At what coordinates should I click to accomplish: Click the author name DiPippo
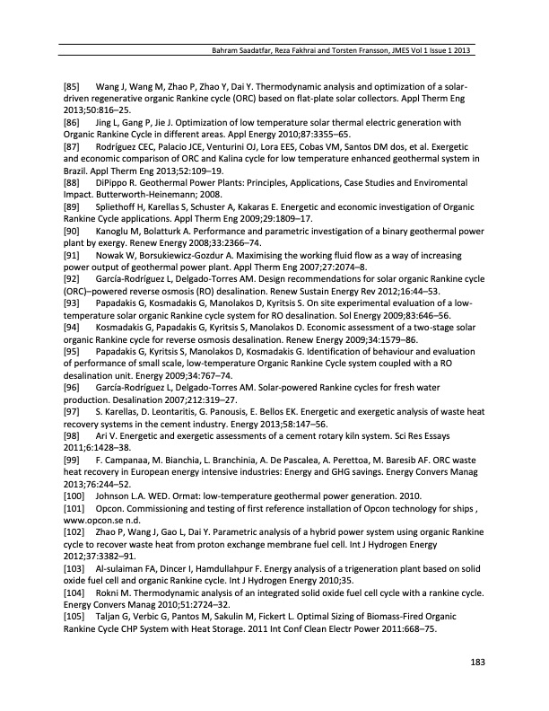[113, 180]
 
